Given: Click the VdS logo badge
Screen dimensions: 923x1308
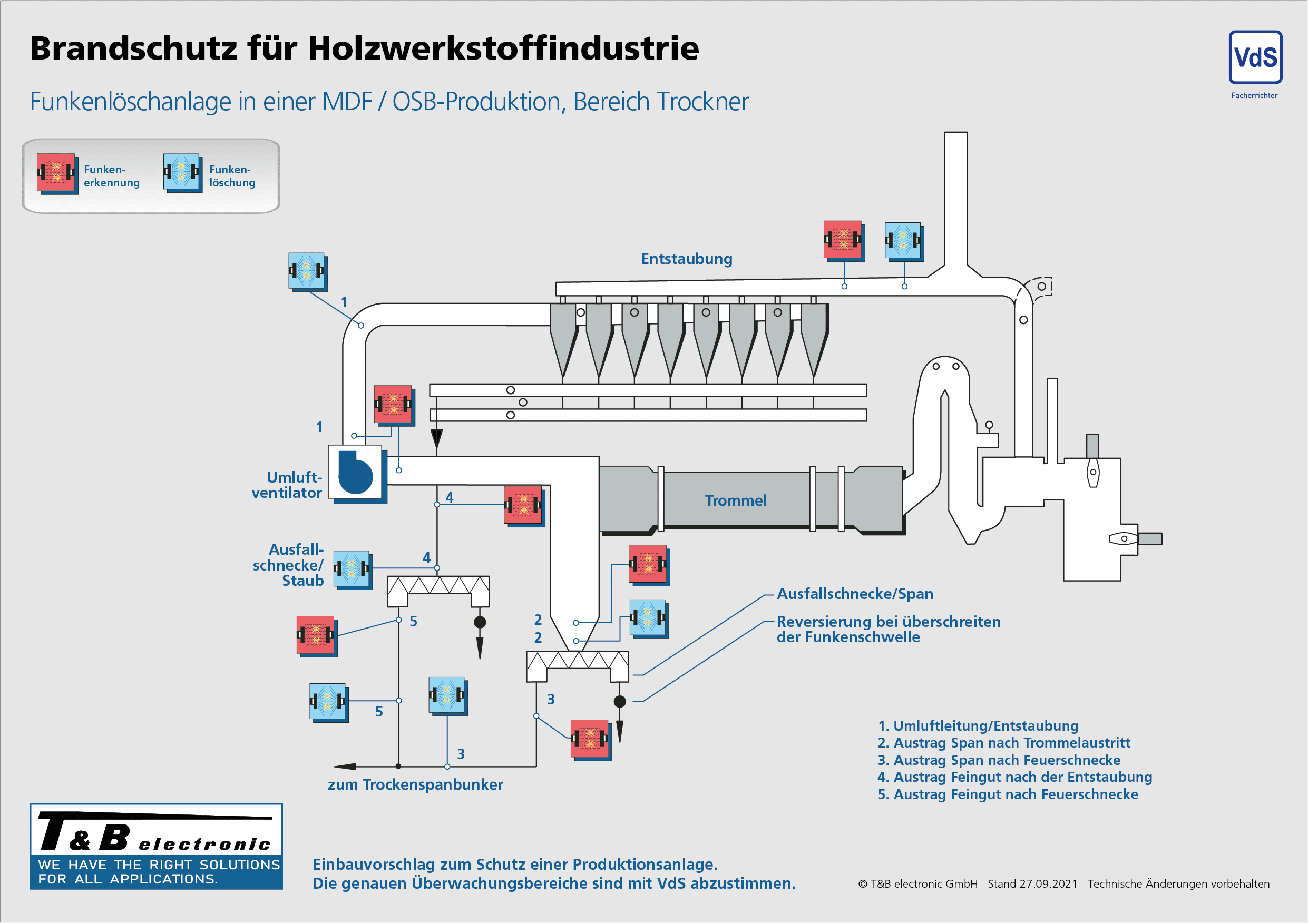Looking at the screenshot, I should (1255, 57).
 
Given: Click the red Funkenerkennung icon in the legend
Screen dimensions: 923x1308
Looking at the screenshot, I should (56, 172).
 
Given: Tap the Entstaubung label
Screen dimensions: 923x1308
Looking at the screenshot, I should (686, 259).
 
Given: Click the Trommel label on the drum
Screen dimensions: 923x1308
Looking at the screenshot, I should (735, 500).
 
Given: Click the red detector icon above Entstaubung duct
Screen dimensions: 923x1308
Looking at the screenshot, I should (843, 240).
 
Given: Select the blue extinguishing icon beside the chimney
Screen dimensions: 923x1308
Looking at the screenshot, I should (903, 240).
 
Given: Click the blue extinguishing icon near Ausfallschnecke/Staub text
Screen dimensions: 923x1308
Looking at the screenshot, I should (352, 568).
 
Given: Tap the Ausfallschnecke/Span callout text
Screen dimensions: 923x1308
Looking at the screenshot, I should (855, 593).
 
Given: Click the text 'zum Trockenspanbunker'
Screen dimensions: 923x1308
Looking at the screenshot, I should (415, 784).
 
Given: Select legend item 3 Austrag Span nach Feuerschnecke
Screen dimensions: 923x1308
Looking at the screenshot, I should (999, 760).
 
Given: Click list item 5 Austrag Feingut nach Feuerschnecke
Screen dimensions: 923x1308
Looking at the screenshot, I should (1007, 794).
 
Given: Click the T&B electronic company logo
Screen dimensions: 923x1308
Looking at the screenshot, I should (156, 846).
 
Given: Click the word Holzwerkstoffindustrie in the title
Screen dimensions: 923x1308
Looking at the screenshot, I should (503, 48).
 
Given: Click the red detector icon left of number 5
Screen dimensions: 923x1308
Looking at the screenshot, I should (316, 635).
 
